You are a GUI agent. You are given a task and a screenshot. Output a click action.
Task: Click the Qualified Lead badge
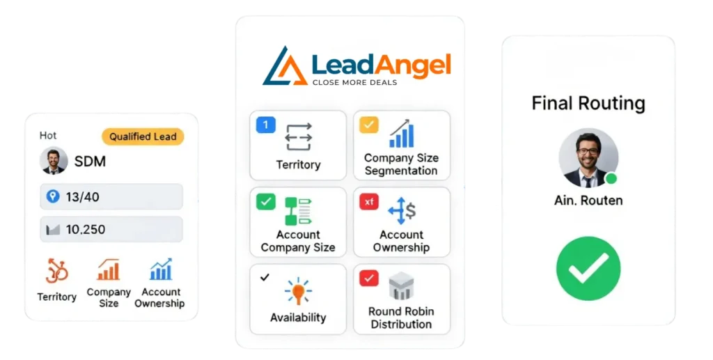point(143,136)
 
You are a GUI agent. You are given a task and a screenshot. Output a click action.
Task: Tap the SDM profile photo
point(54,160)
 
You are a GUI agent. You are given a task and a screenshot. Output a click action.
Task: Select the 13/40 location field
point(111,197)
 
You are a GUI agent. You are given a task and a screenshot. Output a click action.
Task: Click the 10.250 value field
point(111,229)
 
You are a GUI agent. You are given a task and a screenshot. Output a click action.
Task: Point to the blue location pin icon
point(52,197)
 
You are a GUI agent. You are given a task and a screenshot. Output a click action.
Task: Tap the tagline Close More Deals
point(354,82)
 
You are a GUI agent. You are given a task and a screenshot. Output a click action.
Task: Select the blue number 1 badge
point(266,125)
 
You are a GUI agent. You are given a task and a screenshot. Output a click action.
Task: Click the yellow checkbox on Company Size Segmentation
point(369,125)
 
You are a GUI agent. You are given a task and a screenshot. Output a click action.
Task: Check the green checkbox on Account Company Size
point(266,201)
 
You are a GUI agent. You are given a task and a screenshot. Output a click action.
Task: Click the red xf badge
point(369,201)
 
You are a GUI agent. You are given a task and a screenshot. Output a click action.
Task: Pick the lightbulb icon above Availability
point(298,290)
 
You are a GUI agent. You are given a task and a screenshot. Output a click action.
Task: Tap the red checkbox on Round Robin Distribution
point(369,278)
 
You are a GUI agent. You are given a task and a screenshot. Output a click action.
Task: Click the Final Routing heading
point(588,104)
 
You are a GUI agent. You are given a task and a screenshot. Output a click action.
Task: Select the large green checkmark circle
point(588,268)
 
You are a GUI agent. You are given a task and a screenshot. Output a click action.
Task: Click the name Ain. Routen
point(588,201)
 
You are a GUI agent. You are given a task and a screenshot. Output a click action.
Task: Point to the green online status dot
point(611,179)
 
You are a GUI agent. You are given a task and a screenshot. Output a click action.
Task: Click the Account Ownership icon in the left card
point(160,269)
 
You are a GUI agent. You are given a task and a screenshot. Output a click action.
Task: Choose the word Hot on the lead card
point(48,136)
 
